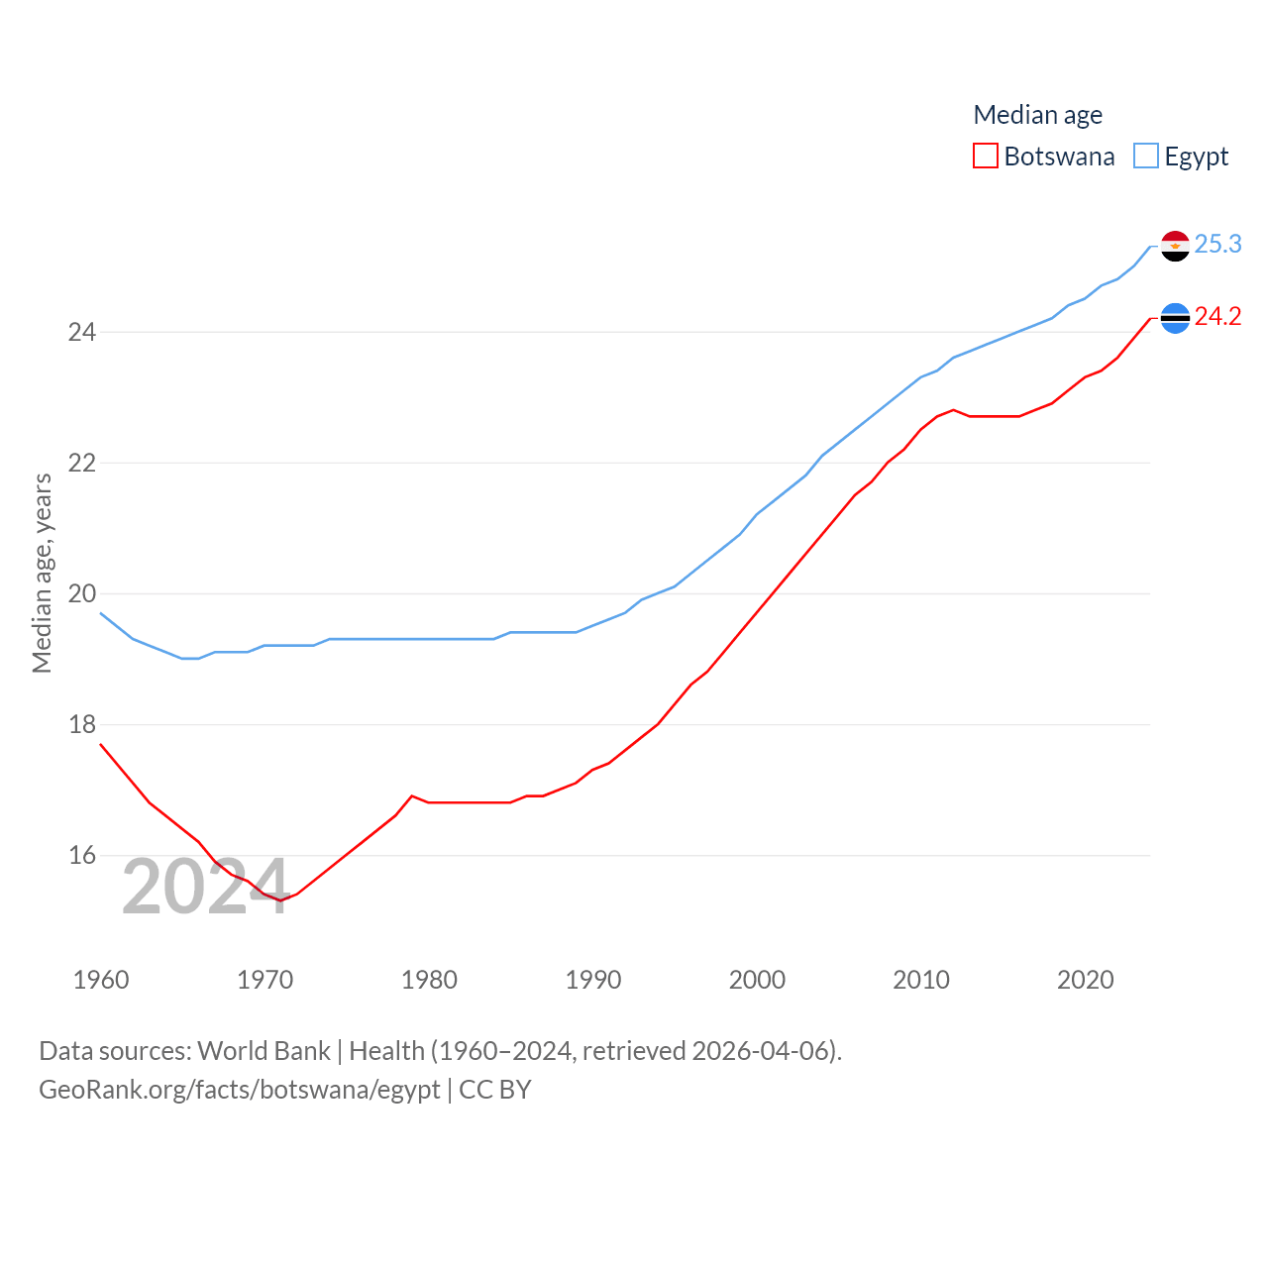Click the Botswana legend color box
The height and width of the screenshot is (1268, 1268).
(985, 157)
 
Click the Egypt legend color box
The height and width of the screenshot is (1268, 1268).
(1145, 157)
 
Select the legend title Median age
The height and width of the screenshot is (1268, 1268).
(1037, 115)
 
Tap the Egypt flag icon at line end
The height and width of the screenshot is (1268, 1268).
(1175, 246)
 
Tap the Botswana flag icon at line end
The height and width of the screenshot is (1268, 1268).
(1175, 318)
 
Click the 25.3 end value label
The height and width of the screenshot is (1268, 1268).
(1217, 244)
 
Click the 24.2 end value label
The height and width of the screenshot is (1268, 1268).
(1217, 316)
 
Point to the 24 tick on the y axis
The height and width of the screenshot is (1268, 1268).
(82, 332)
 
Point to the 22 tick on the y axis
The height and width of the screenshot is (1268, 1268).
(82, 463)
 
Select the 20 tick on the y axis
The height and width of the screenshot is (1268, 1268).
(82, 593)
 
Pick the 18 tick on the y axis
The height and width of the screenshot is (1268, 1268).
(82, 724)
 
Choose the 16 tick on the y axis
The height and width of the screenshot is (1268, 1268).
(82, 855)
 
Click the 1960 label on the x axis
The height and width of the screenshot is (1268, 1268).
(101, 980)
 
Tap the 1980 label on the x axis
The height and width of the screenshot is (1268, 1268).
(429, 980)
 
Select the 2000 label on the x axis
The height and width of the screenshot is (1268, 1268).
(757, 980)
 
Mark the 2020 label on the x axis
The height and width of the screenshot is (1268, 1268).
(1085, 980)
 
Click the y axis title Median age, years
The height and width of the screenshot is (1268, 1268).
(42, 574)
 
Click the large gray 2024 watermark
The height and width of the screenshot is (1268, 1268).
(205, 887)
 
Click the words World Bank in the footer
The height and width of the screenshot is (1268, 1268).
(264, 1051)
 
